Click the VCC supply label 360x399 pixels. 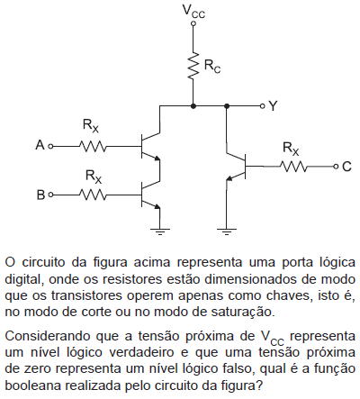[x=193, y=12]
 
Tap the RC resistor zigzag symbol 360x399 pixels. [x=193, y=66]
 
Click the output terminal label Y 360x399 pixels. [x=273, y=106]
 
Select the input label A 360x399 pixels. [x=40, y=146]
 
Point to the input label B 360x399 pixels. [x=40, y=195]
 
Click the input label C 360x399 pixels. [x=346, y=167]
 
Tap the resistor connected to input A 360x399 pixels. [x=93, y=147]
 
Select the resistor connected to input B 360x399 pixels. [x=93, y=195]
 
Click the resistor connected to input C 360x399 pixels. [x=293, y=166]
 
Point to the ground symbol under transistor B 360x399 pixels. [x=159, y=231]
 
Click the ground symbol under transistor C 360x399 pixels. [x=227, y=231]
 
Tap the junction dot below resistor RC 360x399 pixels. [x=193, y=106]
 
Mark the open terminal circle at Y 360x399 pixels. [x=263, y=106]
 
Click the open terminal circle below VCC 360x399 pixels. [x=193, y=23]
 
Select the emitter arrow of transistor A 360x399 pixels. [x=157, y=159]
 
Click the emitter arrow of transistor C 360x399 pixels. [x=229, y=178]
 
